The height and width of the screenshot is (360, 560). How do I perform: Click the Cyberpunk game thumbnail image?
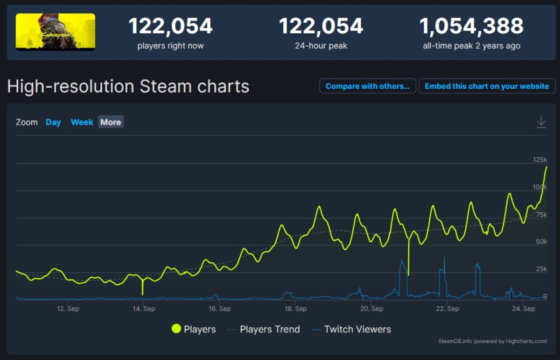pyautogui.click(x=56, y=31)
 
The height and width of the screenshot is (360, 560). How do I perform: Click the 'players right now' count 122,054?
pyautogui.click(x=170, y=26)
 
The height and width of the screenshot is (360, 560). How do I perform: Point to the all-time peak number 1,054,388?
pyautogui.click(x=471, y=26)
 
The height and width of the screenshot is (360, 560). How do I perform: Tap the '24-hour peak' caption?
pyautogui.click(x=321, y=46)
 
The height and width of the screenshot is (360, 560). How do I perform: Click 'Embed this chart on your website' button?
pyautogui.click(x=487, y=86)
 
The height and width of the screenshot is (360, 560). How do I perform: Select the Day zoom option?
pyautogui.click(x=53, y=122)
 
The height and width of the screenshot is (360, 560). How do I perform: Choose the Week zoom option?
pyautogui.click(x=82, y=122)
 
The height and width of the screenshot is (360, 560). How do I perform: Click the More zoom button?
pyautogui.click(x=111, y=122)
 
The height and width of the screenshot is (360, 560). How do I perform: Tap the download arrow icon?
pyautogui.click(x=541, y=122)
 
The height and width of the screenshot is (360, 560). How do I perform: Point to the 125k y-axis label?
pyautogui.click(x=539, y=160)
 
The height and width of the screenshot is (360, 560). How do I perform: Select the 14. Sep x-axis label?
pyautogui.click(x=143, y=309)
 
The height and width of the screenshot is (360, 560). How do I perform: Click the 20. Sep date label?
pyautogui.click(x=371, y=309)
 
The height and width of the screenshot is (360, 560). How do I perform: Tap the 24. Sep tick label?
pyautogui.click(x=523, y=309)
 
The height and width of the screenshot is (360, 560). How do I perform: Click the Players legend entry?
pyautogui.click(x=194, y=329)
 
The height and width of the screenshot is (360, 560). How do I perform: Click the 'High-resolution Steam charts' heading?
pyautogui.click(x=128, y=86)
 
